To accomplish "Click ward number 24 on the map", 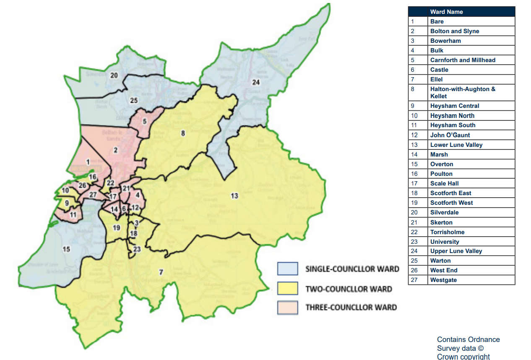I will point(256,82).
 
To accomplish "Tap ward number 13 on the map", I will point(234,196).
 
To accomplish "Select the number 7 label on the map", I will point(161,272).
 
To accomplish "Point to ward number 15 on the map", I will point(66,249).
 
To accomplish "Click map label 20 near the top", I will point(114,76).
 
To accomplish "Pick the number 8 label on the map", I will point(182,133).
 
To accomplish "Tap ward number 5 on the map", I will point(145,122).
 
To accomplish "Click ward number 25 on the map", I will point(134,100).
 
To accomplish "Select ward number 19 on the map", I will point(117,227).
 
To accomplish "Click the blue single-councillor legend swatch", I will point(287,269).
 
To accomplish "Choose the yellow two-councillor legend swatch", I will point(287,289).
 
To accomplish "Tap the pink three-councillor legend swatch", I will point(287,307).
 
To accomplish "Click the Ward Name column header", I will point(446,12).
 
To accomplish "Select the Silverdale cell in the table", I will point(444,212).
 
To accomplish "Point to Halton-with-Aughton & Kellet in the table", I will point(462,92).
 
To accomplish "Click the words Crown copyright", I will point(463,357).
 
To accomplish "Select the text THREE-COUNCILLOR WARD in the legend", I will point(351,307).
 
